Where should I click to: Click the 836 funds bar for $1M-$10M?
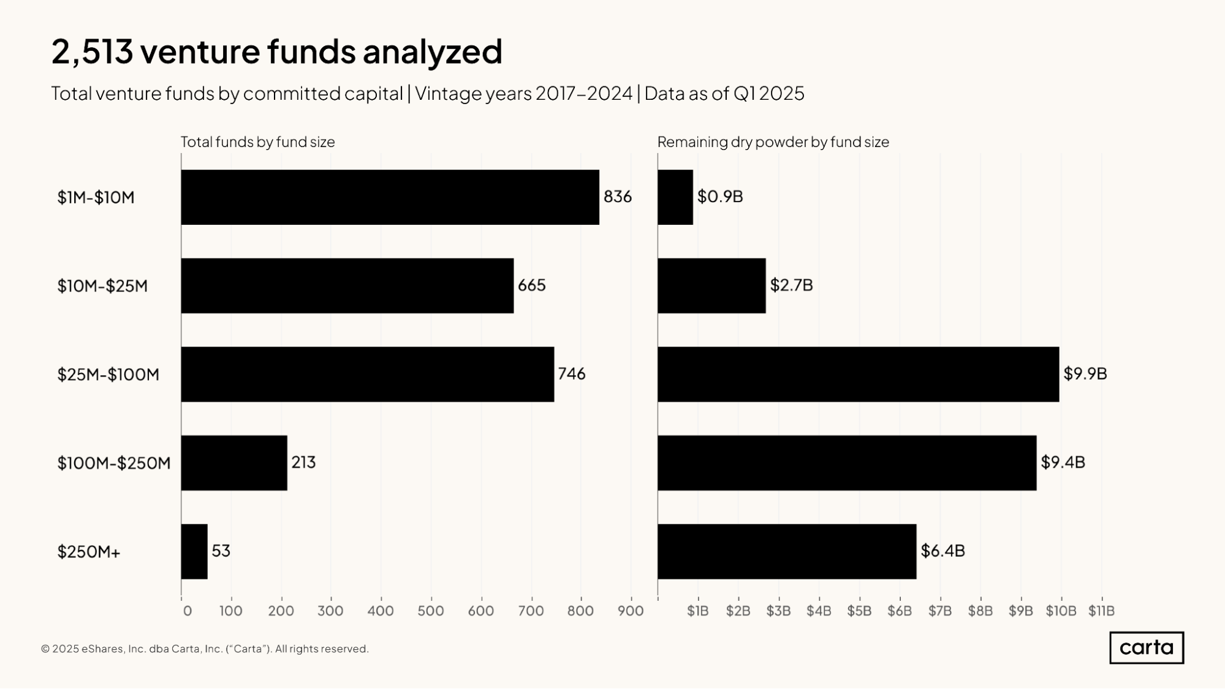[390, 197]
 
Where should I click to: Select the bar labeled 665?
[347, 285]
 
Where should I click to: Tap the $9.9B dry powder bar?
[858, 374]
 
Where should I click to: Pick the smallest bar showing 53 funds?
[194, 551]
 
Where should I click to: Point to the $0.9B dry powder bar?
[675, 197]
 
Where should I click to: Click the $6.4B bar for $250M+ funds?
[787, 551]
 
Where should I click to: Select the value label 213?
[303, 462]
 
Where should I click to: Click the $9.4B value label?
[1063, 462]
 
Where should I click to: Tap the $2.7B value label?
[791, 285]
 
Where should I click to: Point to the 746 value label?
[571, 374]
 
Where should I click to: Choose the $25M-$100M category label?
[108, 374]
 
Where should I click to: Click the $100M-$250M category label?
[114, 463]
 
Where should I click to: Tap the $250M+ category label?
[89, 552]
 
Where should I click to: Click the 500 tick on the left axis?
[431, 611]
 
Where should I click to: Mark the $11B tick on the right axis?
[1101, 611]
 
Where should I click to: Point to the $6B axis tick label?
[899, 611]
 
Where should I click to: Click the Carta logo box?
[1146, 648]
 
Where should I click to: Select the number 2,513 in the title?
[92, 51]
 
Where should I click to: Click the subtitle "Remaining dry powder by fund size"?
[773, 142]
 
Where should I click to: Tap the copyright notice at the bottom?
[205, 649]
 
